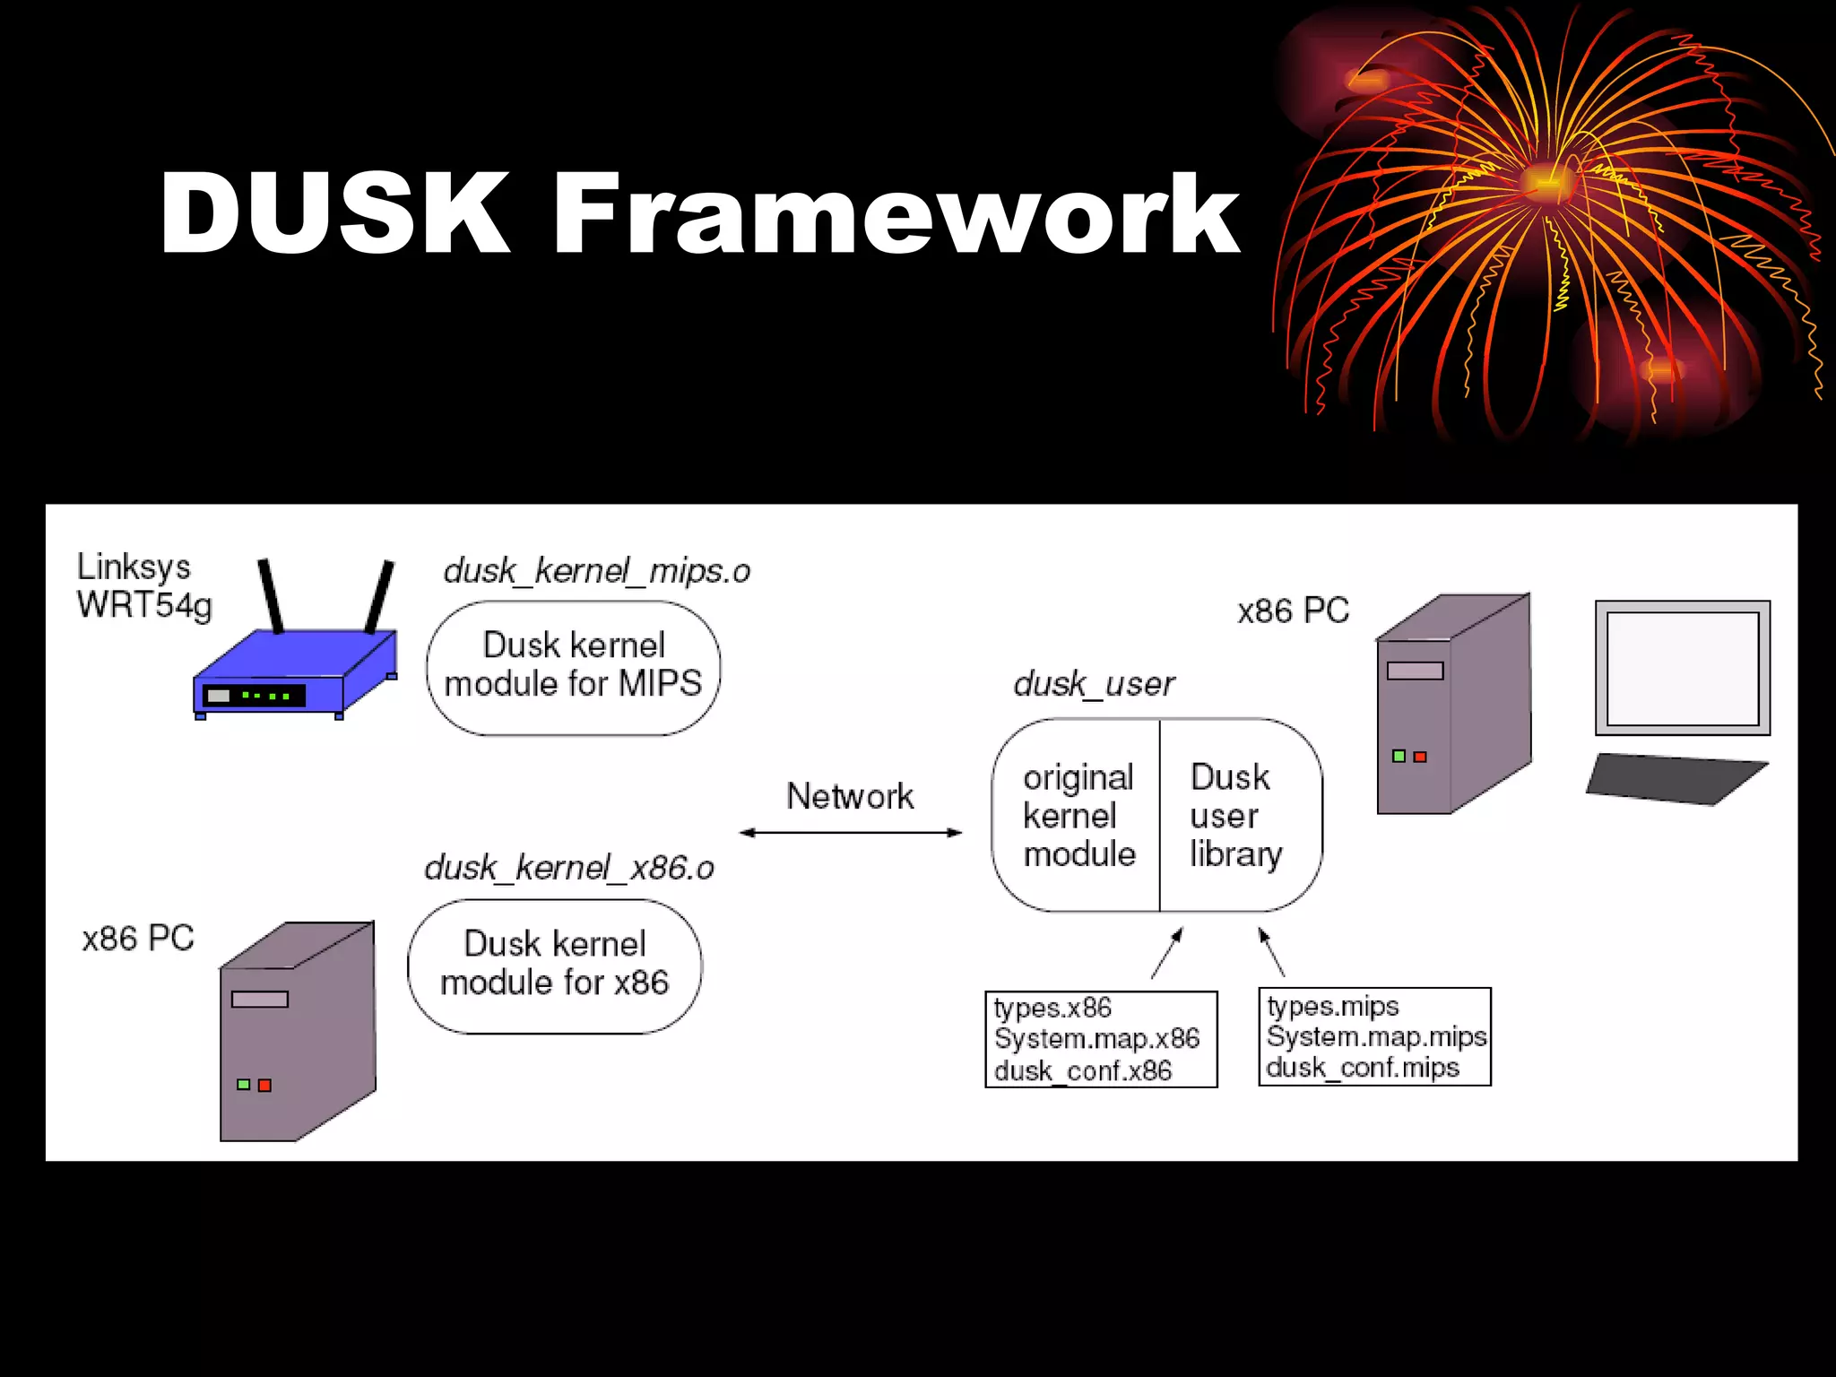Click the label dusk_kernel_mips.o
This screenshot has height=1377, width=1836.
[596, 571]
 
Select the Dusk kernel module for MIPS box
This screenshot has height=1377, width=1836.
[574, 667]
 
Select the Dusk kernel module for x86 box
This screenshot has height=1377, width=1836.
[554, 965]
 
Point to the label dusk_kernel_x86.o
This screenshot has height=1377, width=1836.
[569, 868]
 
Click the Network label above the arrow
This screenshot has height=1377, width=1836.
[850, 796]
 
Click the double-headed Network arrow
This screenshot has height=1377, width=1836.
[850, 833]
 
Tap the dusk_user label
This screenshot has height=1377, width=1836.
[1094, 684]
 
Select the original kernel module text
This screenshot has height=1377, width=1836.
[1078, 815]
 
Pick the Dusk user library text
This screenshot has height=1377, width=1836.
[1235, 815]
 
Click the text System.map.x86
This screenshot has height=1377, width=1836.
[1096, 1039]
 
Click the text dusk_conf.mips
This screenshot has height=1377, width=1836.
[1362, 1068]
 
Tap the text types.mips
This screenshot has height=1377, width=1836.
[1332, 1007]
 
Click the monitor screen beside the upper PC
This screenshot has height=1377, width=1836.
[1682, 668]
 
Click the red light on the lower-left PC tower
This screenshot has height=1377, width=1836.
[264, 1086]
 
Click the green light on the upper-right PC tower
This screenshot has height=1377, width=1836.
[1399, 757]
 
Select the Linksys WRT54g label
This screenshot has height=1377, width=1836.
[143, 585]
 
